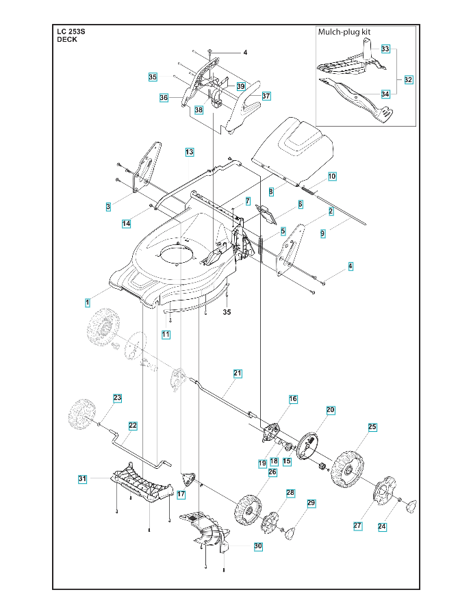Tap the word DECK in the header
click(67, 40)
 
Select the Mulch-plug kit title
click(346, 32)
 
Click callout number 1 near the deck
click(87, 302)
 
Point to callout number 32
click(408, 80)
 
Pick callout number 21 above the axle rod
click(238, 373)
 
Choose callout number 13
click(189, 151)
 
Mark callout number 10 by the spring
click(332, 176)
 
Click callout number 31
click(82, 479)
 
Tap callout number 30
click(257, 546)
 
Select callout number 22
click(133, 425)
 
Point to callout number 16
click(292, 398)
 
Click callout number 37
click(266, 96)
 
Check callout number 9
click(322, 233)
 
